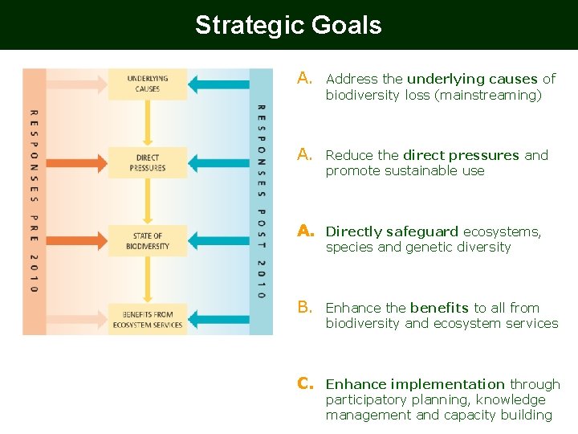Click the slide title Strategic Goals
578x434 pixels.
tap(288, 25)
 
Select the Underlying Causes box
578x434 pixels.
tap(148, 84)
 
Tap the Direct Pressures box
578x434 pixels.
tap(148, 162)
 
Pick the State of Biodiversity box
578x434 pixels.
tap(148, 241)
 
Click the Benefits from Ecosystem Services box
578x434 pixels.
tap(148, 320)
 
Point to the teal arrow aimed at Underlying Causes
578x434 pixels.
tap(218, 84)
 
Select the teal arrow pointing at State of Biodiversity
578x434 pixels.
tap(218, 241)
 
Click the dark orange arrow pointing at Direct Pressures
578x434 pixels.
tap(77, 163)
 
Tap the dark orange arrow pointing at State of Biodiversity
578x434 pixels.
tap(77, 241)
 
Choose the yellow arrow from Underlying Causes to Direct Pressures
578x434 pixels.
tap(148, 123)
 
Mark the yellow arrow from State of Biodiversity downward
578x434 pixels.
tap(148, 280)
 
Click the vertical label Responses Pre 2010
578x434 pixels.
tap(35, 201)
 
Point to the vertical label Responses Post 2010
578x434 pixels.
tap(262, 201)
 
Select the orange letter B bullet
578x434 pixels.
tap(305, 307)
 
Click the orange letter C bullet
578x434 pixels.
tap(305, 383)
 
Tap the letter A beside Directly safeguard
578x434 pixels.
tap(306, 231)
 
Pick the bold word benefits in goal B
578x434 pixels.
tap(439, 307)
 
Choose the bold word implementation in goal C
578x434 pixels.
tap(447, 384)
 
